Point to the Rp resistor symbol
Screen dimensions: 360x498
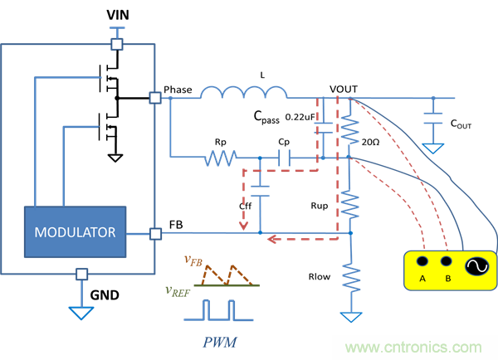(222, 155)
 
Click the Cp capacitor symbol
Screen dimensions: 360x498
(284, 155)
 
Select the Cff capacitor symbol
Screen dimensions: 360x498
(261, 192)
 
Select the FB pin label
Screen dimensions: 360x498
(176, 224)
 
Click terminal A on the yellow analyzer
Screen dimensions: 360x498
(422, 279)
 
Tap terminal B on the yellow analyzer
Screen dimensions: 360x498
(448, 279)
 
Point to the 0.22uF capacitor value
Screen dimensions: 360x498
(299, 116)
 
